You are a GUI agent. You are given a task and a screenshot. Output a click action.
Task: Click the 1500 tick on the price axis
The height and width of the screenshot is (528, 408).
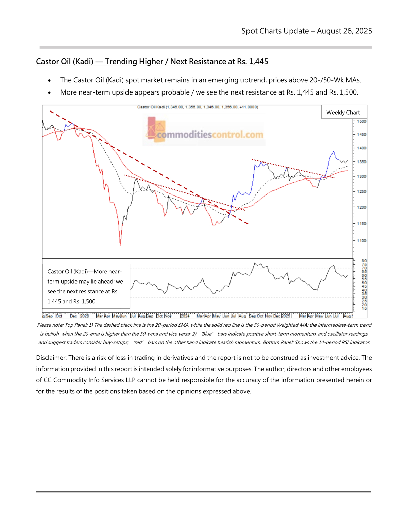coord(361,121)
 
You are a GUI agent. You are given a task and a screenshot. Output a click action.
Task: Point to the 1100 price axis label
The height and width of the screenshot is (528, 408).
coord(361,241)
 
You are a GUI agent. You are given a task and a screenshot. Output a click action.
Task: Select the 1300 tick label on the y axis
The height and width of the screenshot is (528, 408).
coord(361,176)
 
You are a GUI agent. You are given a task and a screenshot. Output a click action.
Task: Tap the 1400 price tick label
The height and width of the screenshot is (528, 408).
coord(361,148)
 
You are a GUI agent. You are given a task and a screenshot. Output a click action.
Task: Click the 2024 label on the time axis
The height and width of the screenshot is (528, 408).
coord(185,316)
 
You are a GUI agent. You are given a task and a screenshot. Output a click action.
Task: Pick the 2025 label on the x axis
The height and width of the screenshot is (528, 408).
coord(286,316)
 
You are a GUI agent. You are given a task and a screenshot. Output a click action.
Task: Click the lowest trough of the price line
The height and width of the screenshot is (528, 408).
coord(120,245)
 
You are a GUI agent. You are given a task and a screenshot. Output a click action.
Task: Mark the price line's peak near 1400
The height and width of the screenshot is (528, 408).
coord(334,151)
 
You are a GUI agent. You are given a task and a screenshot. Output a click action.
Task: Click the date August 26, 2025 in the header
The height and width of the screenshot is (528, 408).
coord(344,31)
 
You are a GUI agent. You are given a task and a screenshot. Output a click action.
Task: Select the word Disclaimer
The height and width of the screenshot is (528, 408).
coord(51,358)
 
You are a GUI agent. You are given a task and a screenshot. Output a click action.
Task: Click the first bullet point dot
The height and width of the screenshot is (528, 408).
coord(50,81)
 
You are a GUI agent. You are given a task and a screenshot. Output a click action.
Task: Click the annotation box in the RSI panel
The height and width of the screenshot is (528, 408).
coord(86,286)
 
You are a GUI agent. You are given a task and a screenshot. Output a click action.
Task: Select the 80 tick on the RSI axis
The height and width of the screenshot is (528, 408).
coord(364,261)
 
